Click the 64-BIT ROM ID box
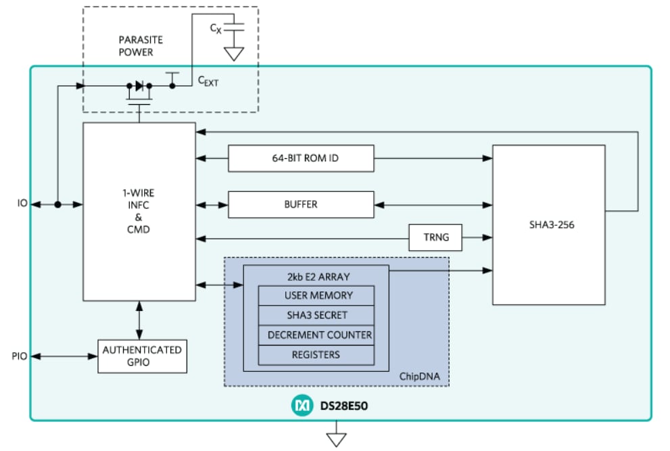[301, 159]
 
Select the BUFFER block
[301, 204]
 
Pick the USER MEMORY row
[316, 295]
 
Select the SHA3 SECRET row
[316, 315]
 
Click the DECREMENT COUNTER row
[316, 335]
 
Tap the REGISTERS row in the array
[316, 354]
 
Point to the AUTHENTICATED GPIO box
[142, 356]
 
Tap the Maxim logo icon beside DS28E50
[298, 406]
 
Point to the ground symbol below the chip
[336, 438]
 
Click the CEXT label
[208, 80]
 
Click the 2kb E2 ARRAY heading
[316, 277]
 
